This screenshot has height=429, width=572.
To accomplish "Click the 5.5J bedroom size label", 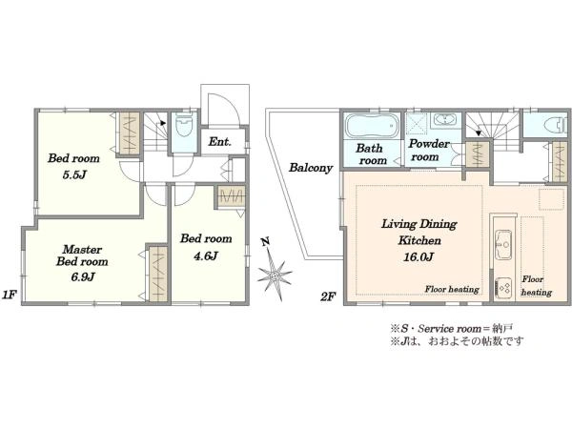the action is (x=74, y=175).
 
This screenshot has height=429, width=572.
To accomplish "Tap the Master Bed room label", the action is (x=82, y=255).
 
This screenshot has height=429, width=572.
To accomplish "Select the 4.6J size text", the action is (x=206, y=256).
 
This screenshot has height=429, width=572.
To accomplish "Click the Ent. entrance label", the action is (x=219, y=141).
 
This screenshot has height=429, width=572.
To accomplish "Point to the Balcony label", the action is (x=311, y=168).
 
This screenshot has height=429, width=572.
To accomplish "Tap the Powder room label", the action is (x=429, y=150).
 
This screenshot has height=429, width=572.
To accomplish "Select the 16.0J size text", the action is (x=419, y=257).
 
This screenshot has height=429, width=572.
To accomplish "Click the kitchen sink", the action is (x=503, y=244).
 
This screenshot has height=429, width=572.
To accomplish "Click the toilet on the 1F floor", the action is (x=184, y=126).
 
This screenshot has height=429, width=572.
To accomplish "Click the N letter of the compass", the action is (x=266, y=241).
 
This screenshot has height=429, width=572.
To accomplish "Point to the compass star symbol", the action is (x=276, y=274).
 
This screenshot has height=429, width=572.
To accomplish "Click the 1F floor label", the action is (x=9, y=295).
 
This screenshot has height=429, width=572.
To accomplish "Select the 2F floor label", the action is (x=327, y=296).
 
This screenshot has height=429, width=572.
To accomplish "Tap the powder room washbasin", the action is (x=443, y=120).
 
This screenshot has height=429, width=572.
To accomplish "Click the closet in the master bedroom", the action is (x=158, y=274).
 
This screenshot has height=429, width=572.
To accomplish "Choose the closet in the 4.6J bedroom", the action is (x=231, y=197).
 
